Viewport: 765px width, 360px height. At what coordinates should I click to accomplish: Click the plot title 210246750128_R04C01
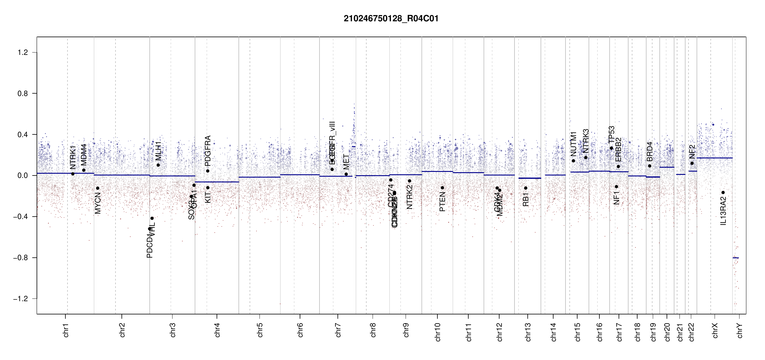pyautogui.click(x=391, y=19)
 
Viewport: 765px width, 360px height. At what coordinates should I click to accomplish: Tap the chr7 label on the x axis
pyautogui.click(x=338, y=330)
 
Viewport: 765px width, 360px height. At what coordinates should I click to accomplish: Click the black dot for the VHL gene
pyautogui.click(x=152, y=218)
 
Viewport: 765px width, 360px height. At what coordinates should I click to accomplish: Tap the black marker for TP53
pyautogui.click(x=611, y=148)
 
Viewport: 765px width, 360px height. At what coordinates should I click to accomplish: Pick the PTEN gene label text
pyautogui.click(x=442, y=202)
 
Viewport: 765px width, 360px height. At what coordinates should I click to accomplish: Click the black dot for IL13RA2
pyautogui.click(x=723, y=193)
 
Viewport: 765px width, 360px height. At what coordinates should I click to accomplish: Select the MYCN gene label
pyautogui.click(x=98, y=203)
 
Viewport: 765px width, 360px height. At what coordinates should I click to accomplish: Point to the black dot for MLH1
pyautogui.click(x=158, y=165)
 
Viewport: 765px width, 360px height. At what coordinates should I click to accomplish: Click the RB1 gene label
pyautogui.click(x=526, y=199)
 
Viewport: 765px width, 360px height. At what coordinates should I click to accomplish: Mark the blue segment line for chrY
pyautogui.click(x=736, y=258)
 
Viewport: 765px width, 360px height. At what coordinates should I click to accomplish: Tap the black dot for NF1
pyautogui.click(x=616, y=187)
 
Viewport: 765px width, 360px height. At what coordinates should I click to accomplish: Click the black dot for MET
pyautogui.click(x=346, y=174)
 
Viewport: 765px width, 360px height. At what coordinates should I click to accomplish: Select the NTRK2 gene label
pyautogui.click(x=409, y=197)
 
